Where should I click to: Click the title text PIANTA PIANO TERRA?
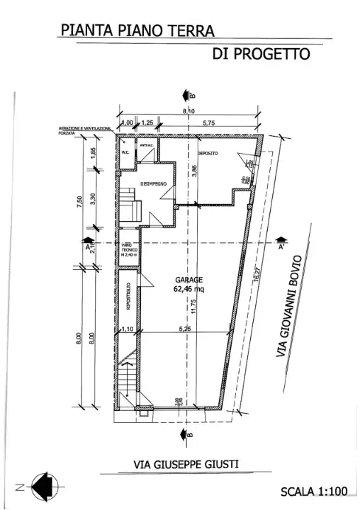point(137,30)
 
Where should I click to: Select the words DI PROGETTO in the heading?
point(261,55)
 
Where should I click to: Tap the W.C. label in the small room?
point(125,152)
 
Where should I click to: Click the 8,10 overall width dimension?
point(189,112)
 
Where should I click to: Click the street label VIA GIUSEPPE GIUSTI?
point(186,465)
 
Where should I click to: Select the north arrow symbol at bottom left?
point(47,485)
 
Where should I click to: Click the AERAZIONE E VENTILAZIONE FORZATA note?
point(84,130)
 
